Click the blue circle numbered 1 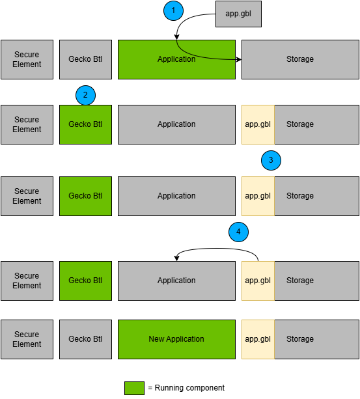point(173,10)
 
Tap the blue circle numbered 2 point(85,95)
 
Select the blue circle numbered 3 point(271,160)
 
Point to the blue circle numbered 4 point(238,231)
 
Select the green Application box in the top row point(176,59)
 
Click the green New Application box point(176,339)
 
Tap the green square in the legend point(134,388)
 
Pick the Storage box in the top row point(300,59)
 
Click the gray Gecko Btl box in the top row point(85,59)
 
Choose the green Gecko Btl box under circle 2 point(85,124)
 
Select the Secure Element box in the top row point(27,59)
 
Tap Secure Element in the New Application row point(27,339)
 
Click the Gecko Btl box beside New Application point(85,339)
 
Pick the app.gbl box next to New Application point(258,339)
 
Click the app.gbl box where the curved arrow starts point(258,281)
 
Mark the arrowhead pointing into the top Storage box point(239,60)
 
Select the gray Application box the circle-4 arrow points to point(176,281)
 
